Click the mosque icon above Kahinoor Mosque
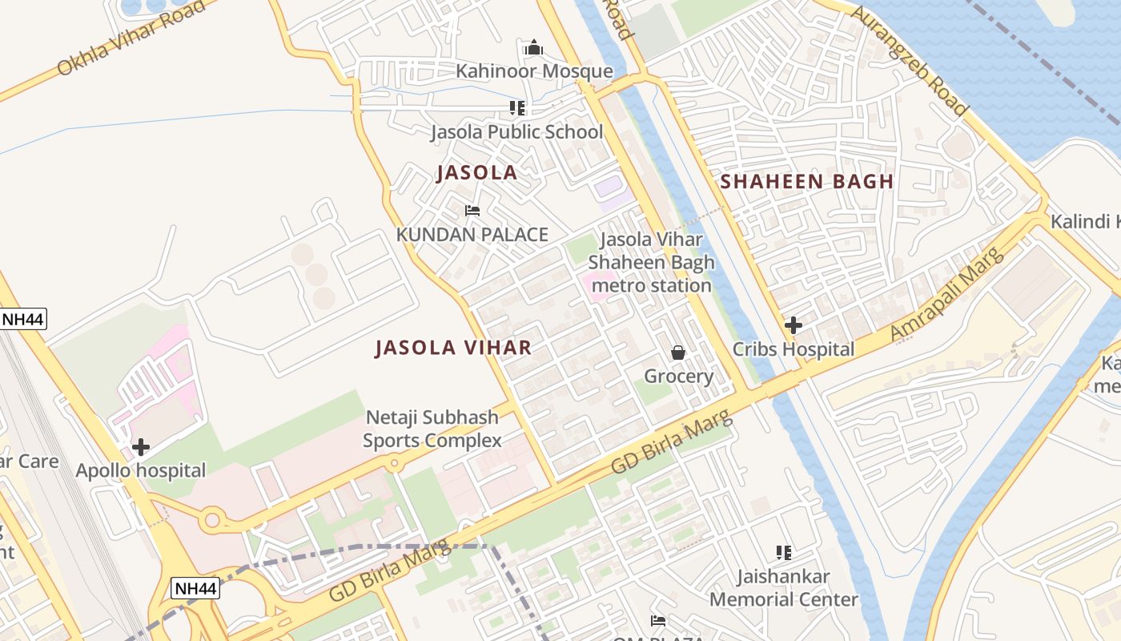[x=534, y=48]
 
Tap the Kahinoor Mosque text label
[x=534, y=71]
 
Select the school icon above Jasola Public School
[x=517, y=108]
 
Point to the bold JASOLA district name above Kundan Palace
[x=476, y=173]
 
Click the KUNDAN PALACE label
[x=472, y=235]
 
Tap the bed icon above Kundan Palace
[x=472, y=212]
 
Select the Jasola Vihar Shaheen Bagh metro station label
[x=650, y=262]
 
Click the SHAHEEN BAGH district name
[x=806, y=181]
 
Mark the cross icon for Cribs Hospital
[x=794, y=325]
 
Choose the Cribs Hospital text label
[x=794, y=349]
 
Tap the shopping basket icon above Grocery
[x=678, y=353]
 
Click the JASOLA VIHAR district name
[x=453, y=347]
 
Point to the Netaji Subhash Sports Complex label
[x=432, y=429]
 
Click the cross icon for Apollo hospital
[x=141, y=447]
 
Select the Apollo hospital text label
[x=141, y=470]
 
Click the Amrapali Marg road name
[x=947, y=294]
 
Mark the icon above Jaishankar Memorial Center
[x=784, y=552]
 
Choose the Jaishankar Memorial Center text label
[x=784, y=587]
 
